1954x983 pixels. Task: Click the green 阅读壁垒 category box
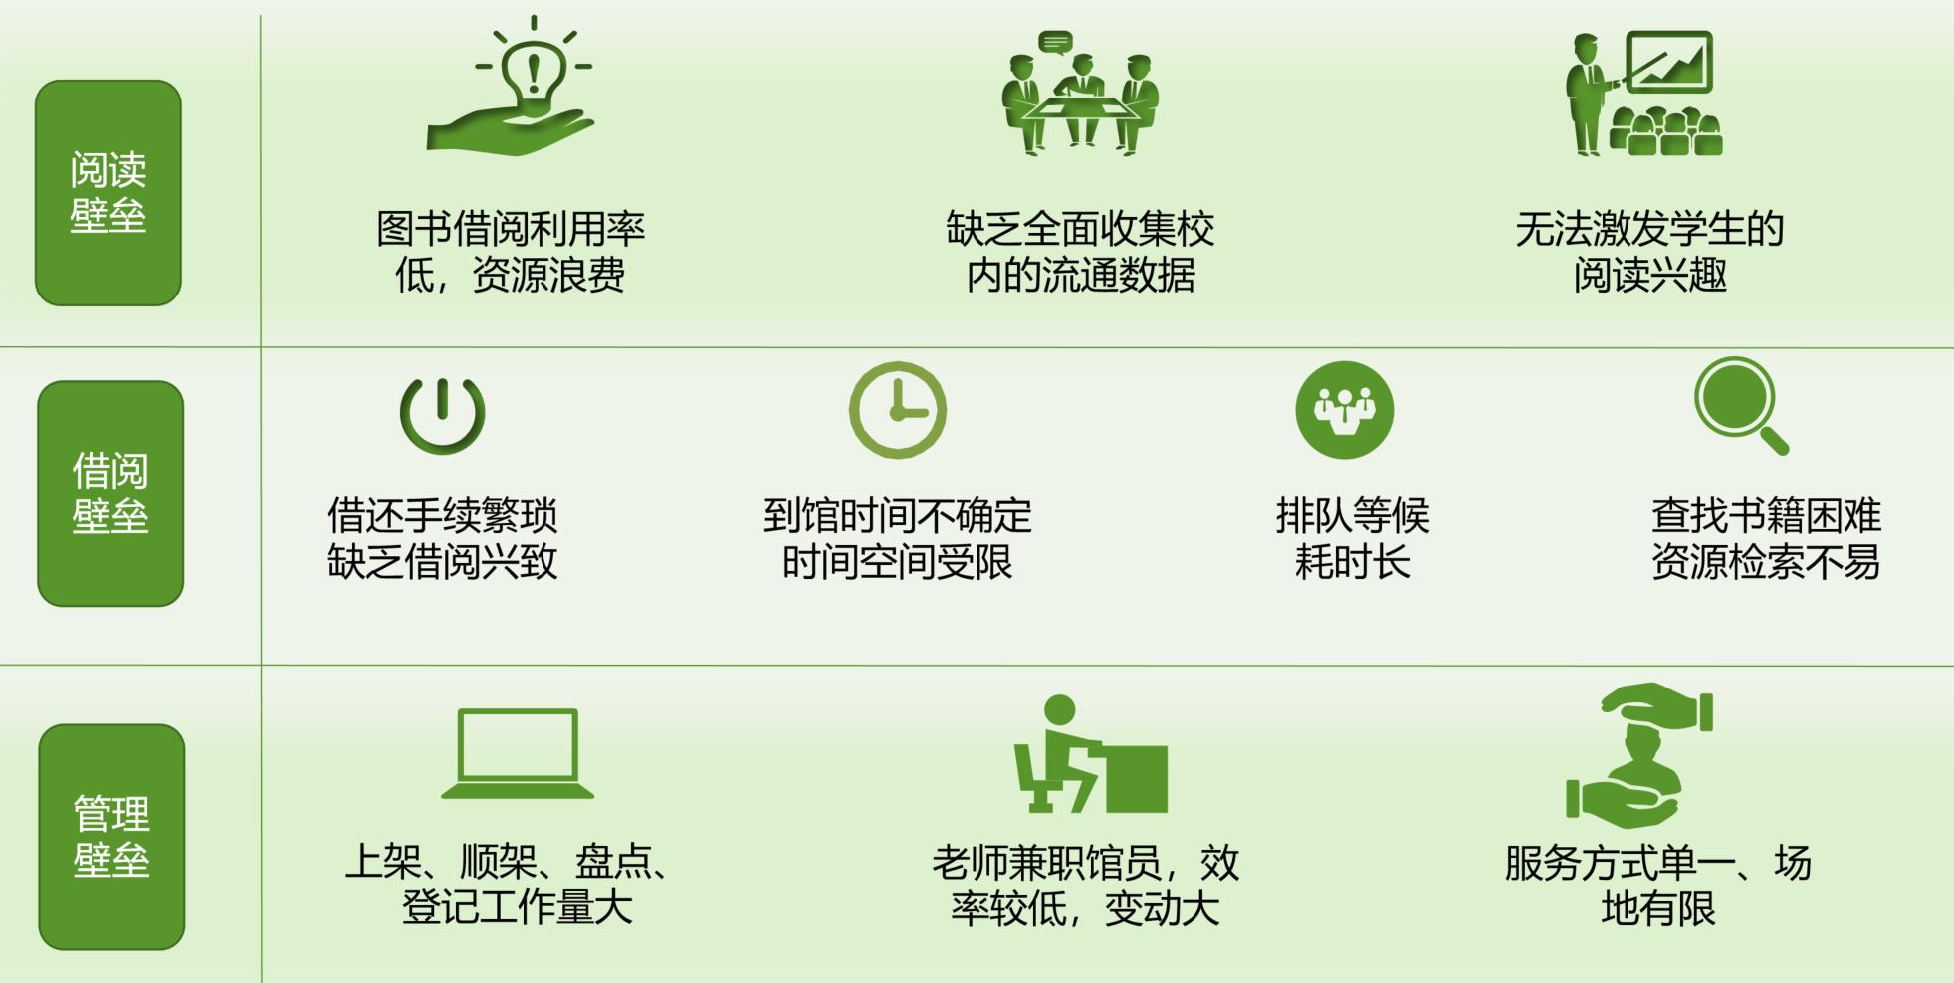109,193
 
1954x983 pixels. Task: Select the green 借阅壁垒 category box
110,493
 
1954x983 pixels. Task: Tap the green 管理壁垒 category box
111,837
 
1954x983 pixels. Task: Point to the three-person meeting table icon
1080,95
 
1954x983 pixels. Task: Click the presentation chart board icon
1643,94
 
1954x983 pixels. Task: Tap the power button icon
443,413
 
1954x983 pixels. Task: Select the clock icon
898,410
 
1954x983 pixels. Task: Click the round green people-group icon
1344,410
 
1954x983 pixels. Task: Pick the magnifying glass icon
1740,404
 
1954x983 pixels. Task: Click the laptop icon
518,754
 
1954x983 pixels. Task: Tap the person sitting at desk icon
1090,754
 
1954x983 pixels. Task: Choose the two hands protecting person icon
1638,755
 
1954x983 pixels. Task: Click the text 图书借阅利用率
511,229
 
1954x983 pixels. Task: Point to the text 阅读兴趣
1649,275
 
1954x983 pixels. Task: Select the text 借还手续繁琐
443,516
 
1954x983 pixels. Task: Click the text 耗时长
1353,562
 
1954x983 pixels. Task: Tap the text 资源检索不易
1766,562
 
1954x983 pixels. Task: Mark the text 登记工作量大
518,907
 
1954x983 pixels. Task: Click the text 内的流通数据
1080,275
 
